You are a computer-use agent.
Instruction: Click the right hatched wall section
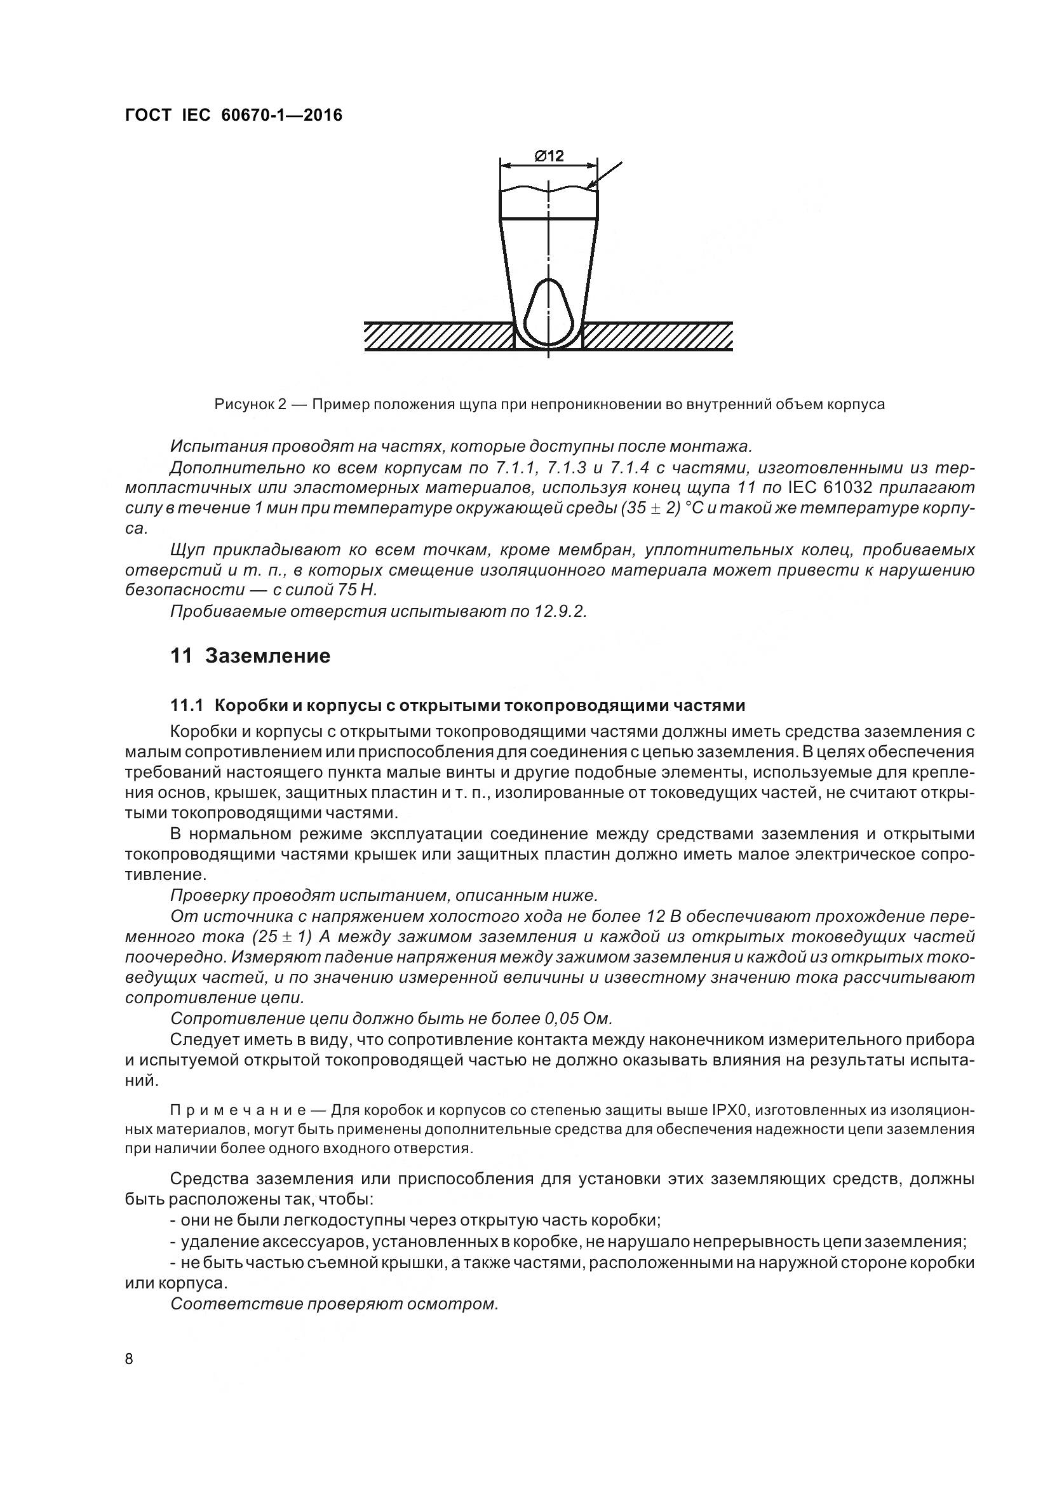point(657,337)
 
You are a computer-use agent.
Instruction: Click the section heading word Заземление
point(267,656)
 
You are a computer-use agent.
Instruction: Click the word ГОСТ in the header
point(147,115)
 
